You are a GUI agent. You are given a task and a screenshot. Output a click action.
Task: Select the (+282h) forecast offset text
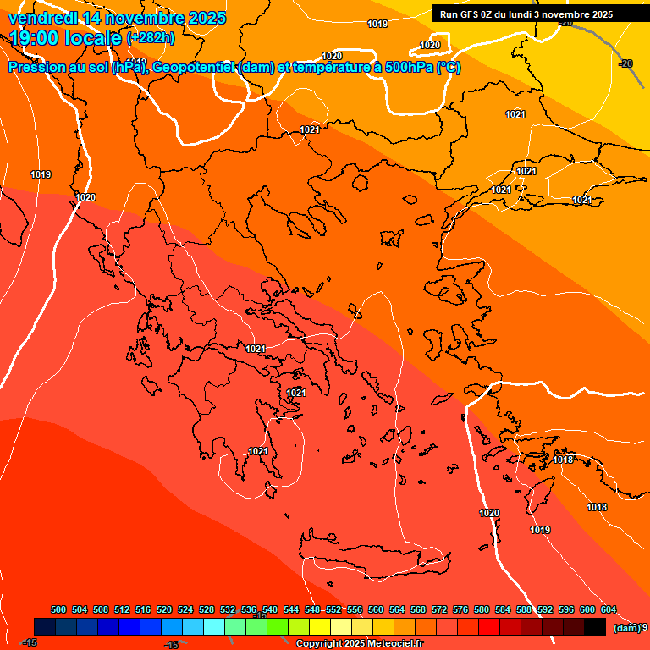151,37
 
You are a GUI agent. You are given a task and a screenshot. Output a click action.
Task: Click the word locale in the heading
93,38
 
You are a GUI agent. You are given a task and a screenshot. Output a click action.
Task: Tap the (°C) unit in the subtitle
448,68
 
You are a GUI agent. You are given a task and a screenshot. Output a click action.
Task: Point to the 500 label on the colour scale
58,609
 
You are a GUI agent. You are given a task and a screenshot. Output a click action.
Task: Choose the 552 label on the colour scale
333,609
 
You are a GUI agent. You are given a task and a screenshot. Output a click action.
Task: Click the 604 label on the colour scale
609,609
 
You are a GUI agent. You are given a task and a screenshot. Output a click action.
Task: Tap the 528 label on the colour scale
207,609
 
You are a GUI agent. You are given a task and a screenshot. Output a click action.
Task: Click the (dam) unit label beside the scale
626,627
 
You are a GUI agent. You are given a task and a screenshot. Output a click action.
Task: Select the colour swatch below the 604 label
595,626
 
